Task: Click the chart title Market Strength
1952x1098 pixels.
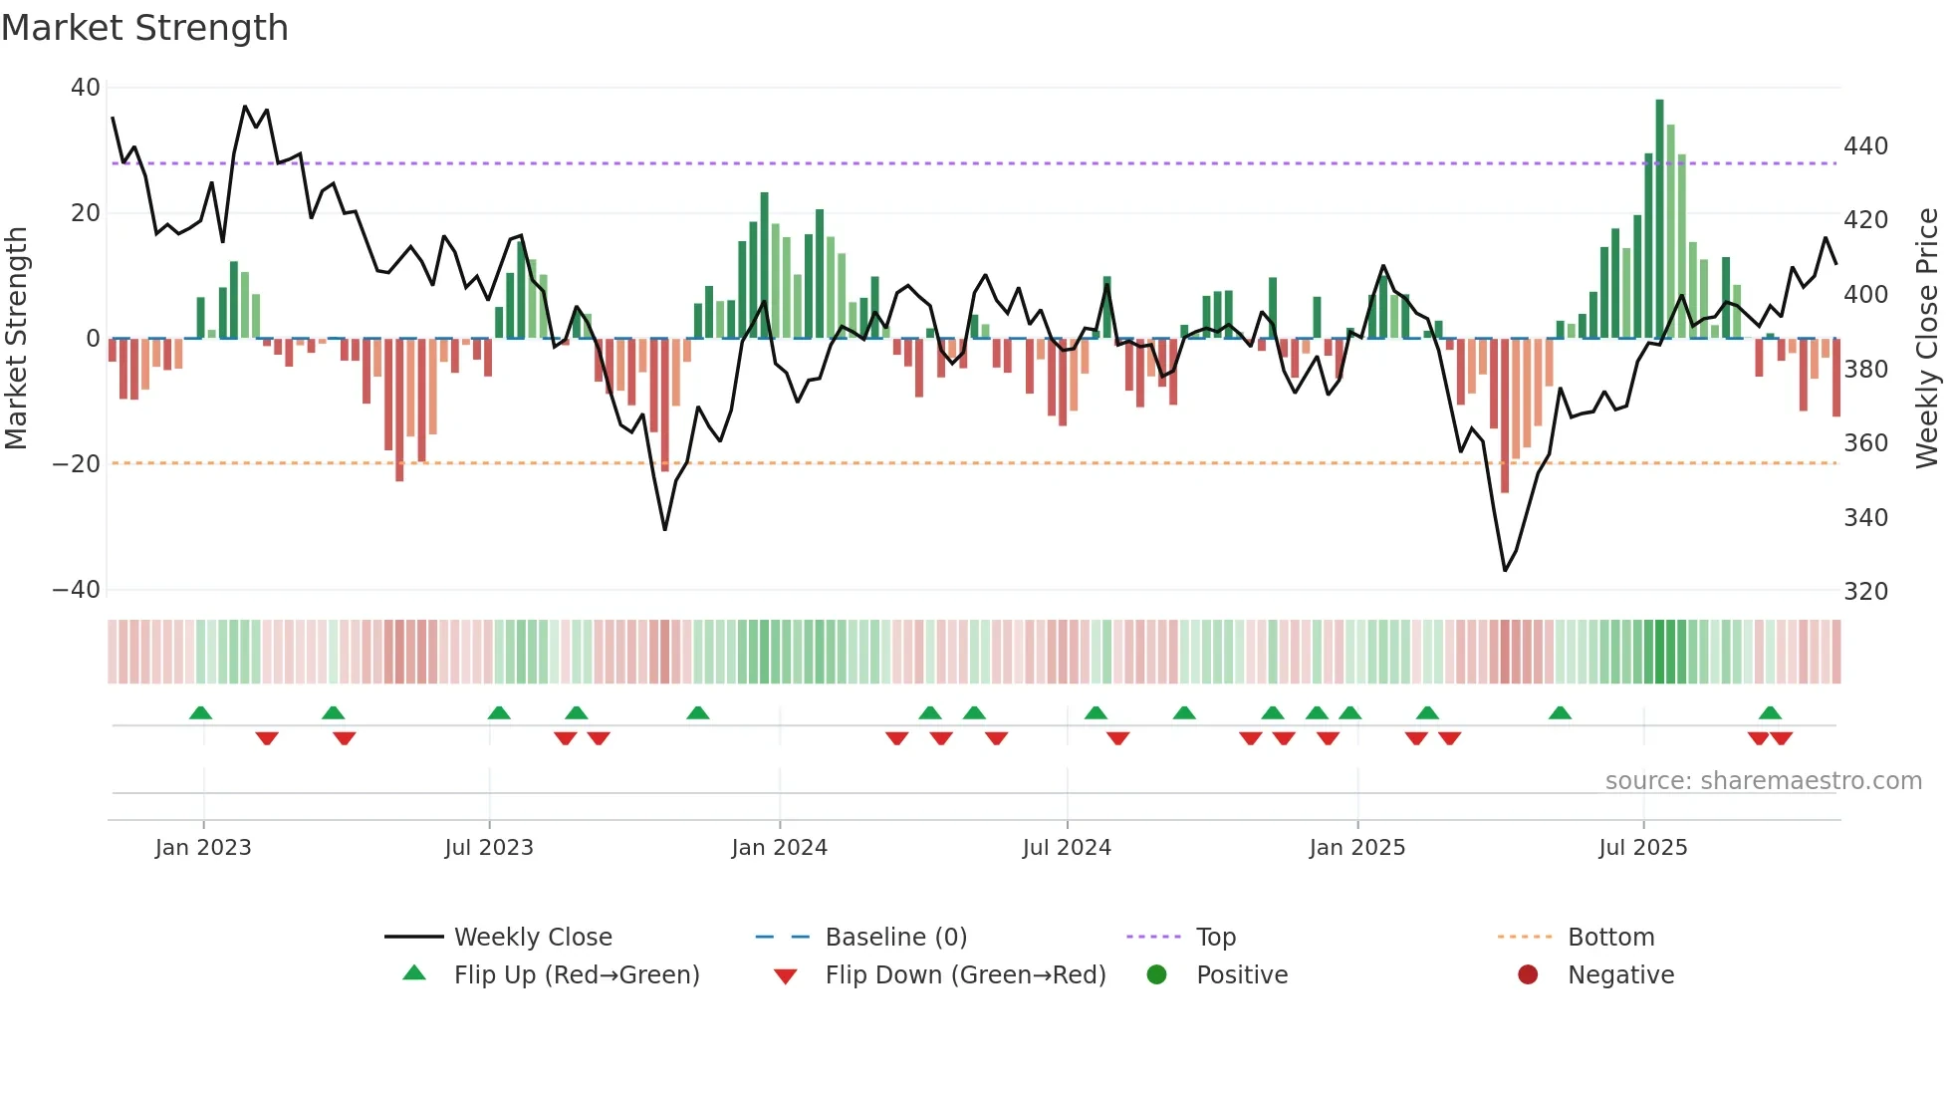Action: [x=144, y=28]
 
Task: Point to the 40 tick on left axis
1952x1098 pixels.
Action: [x=86, y=88]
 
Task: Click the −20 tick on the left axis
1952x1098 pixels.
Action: [x=77, y=464]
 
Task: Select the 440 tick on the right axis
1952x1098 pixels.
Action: [x=1865, y=146]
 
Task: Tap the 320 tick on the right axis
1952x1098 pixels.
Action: [x=1865, y=592]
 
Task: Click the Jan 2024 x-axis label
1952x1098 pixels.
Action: [x=779, y=848]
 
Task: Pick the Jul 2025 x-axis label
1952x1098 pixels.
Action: [x=1642, y=848]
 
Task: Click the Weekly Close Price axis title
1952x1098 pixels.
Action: [x=1927, y=339]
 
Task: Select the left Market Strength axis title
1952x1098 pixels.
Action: [x=17, y=339]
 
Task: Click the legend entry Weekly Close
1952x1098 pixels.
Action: [x=533, y=938]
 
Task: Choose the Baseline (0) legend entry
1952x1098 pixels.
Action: [x=895, y=938]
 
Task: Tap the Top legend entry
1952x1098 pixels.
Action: [x=1215, y=938]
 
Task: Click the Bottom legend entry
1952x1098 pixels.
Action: [x=1610, y=938]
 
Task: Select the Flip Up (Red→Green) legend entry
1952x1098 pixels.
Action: [x=577, y=975]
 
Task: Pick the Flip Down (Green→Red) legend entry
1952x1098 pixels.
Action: [x=965, y=975]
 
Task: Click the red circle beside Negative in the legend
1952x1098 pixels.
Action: [x=1528, y=975]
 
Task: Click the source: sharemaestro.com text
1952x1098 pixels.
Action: [x=1763, y=781]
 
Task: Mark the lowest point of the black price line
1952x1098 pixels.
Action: [x=1505, y=570]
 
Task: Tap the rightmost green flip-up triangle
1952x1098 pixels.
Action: [x=1770, y=713]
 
